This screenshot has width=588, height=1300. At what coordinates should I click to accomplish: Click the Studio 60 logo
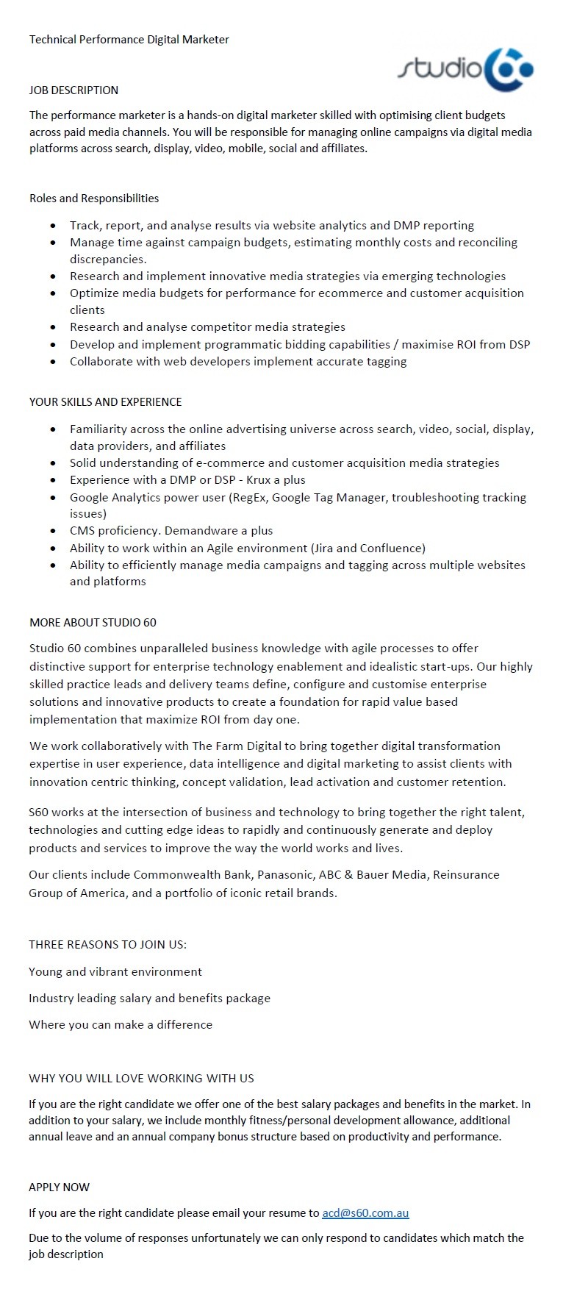tap(465, 70)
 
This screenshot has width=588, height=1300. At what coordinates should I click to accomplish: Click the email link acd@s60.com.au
tap(365, 1212)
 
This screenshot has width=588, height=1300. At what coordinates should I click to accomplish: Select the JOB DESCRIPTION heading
tap(73, 90)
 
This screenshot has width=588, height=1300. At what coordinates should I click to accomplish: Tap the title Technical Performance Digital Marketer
tap(129, 40)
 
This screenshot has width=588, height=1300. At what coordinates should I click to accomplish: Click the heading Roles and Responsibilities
tap(94, 198)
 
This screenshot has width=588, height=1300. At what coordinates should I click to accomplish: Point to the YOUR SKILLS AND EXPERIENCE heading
tap(105, 401)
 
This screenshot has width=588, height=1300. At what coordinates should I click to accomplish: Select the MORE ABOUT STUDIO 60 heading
tap(93, 622)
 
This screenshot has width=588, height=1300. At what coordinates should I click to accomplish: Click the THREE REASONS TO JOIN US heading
tap(107, 944)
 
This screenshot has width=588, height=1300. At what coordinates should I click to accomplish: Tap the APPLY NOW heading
tap(60, 1187)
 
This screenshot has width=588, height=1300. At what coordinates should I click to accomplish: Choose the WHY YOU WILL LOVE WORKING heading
tap(141, 1078)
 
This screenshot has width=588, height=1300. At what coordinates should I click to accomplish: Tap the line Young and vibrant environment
tap(115, 971)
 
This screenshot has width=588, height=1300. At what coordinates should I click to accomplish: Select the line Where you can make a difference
tap(121, 1024)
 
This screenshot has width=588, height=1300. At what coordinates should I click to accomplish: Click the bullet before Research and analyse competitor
tap(53, 327)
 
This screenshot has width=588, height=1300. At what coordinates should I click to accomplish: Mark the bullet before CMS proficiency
tap(53, 531)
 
